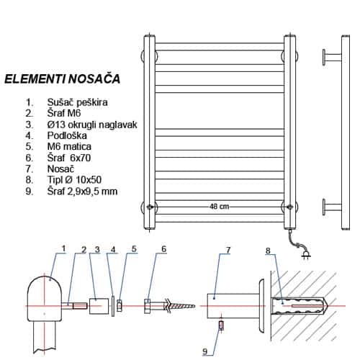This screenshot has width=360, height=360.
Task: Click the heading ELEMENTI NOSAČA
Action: pyautogui.click(x=63, y=79)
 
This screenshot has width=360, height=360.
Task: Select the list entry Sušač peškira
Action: pyautogui.click(x=77, y=102)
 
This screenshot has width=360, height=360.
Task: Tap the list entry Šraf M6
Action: pyautogui.click(x=64, y=113)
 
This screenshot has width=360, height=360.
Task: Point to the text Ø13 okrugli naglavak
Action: pyautogui.click(x=92, y=125)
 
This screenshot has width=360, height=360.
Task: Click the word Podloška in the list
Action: pyautogui.click(x=67, y=135)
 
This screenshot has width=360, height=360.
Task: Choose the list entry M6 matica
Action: pyautogui.click(x=69, y=147)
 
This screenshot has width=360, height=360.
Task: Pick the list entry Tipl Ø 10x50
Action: pyautogui.click(x=74, y=180)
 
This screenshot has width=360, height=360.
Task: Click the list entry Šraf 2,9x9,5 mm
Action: pyautogui.click(x=82, y=192)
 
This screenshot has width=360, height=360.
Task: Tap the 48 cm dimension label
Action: pyautogui.click(x=219, y=207)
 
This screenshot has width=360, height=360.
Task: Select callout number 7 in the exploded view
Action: pyautogui.click(x=228, y=250)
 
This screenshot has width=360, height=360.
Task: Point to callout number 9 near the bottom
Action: pyautogui.click(x=204, y=351)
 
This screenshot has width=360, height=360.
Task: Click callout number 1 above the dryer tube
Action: pyautogui.click(x=63, y=248)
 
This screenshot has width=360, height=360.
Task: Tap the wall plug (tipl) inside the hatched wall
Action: pyautogui.click(x=300, y=306)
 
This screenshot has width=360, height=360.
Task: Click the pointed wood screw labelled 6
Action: pyautogui.click(x=170, y=306)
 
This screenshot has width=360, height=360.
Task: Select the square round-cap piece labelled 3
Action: pyautogui.click(x=99, y=306)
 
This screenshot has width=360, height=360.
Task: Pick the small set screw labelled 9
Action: pyautogui.click(x=221, y=325)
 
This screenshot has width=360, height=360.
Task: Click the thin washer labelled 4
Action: pyautogui.click(x=113, y=306)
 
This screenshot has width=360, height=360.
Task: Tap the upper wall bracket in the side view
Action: pyautogui.click(x=332, y=57)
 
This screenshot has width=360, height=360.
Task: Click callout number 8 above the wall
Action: pyautogui.click(x=268, y=251)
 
